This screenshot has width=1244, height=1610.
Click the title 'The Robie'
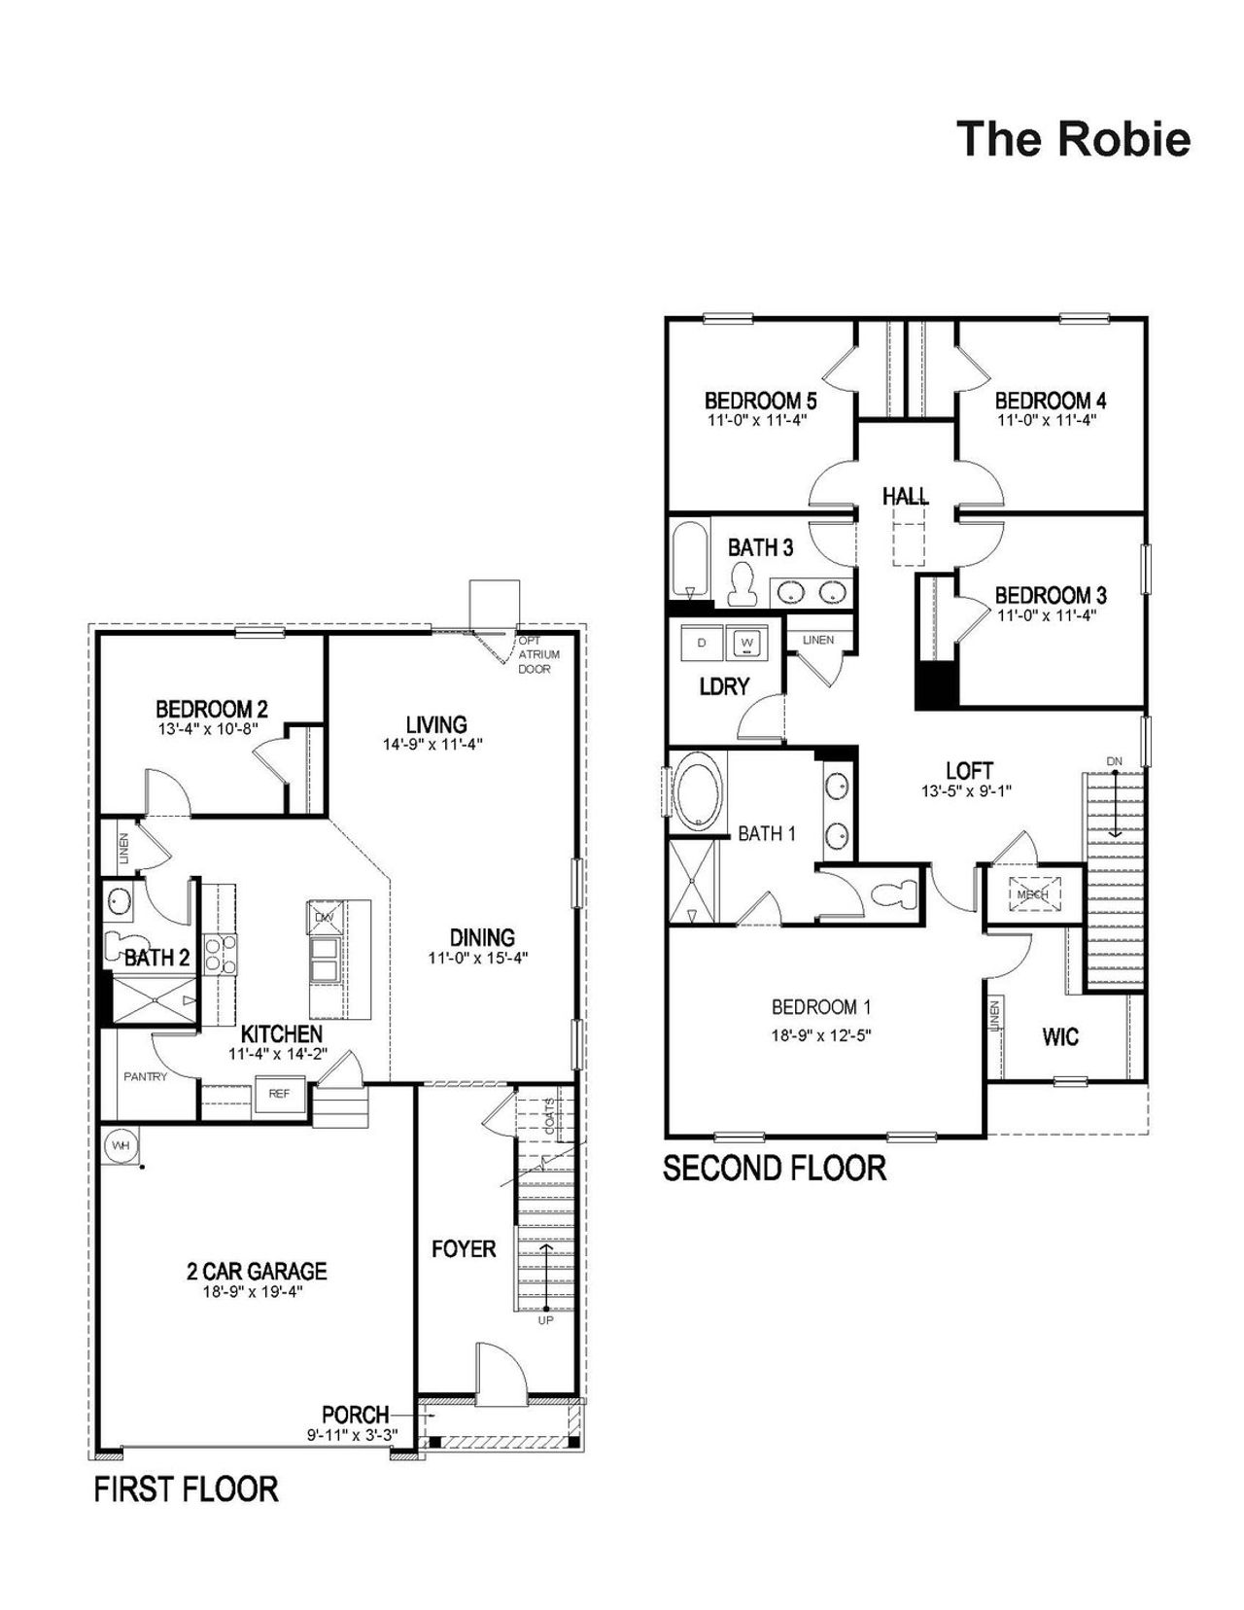[1073, 139]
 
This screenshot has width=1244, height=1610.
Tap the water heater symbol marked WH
[120, 1145]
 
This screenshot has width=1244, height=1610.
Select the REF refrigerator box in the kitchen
[279, 1094]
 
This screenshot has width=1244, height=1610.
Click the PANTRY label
[145, 1076]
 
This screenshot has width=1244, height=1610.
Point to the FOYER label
[464, 1248]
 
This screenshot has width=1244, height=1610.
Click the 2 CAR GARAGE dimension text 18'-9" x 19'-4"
[257, 1291]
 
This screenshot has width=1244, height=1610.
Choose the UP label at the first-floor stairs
[545, 1320]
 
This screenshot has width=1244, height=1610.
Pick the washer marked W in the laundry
[747, 643]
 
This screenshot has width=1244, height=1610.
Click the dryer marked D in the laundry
[702, 643]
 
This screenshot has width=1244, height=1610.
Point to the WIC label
[1059, 1037]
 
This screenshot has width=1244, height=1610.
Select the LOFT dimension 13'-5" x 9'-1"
[966, 790]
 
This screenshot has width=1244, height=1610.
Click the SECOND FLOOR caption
[774, 1168]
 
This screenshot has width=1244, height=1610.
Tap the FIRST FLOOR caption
[186, 1488]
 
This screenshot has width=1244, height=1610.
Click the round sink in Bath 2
[121, 901]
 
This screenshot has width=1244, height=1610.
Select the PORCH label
[355, 1415]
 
